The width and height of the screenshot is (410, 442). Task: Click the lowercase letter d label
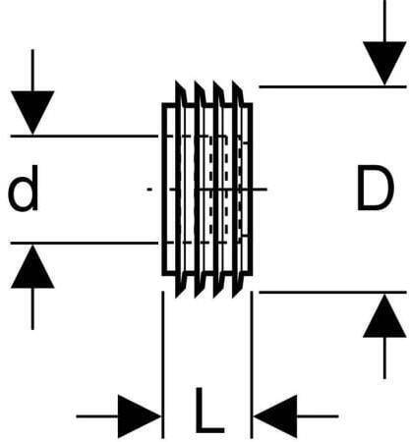pos(23,189)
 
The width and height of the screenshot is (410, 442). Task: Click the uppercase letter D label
pos(376,188)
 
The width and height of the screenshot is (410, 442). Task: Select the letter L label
pos(209,410)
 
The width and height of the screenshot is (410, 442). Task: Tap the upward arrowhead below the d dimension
pos(32,266)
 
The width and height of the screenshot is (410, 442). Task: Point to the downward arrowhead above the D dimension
pos(384,63)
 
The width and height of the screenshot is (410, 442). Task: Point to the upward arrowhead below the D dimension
pos(384,315)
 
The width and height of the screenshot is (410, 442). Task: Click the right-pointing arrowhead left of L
pos(140,416)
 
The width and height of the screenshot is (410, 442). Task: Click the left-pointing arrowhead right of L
pos(275,416)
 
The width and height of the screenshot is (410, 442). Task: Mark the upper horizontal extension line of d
pos(85,136)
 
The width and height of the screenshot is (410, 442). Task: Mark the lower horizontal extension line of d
pos(85,244)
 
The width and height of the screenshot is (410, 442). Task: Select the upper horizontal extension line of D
pos(332,86)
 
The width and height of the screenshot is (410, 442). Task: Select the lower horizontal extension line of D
pos(332,292)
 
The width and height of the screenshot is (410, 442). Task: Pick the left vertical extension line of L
pos(163,364)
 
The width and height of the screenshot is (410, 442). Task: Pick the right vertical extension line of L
pos(252,364)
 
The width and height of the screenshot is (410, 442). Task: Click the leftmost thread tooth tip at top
pos(176,81)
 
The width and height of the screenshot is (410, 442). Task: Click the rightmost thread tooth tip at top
pos(233,82)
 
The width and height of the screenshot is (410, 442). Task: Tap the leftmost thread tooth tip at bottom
pos(177,298)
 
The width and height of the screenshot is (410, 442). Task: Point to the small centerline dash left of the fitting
pos(149,189)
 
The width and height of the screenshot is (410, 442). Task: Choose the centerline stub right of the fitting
pos(260,189)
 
